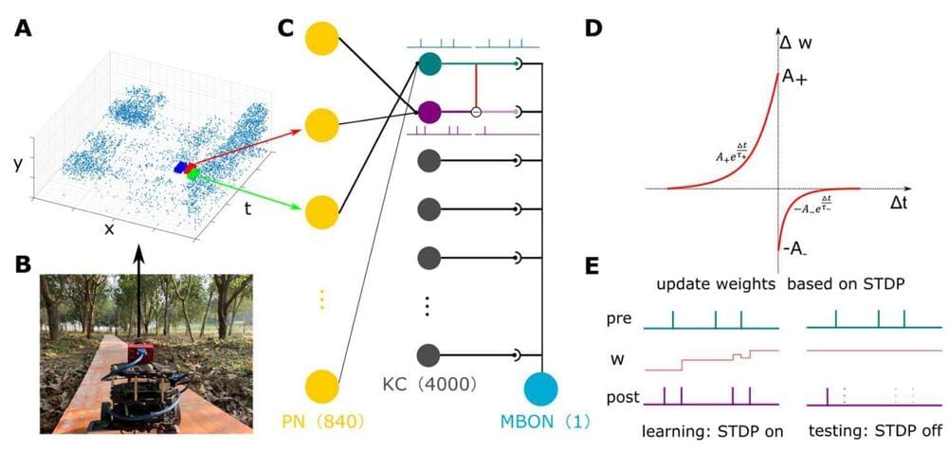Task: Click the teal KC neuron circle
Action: pyautogui.click(x=428, y=63)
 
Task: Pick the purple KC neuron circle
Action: pyautogui.click(x=428, y=113)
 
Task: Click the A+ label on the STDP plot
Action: pyautogui.click(x=793, y=80)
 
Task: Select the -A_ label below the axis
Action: pyautogui.click(x=794, y=249)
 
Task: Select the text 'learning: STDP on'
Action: pyautogui.click(x=713, y=432)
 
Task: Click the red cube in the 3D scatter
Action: pyautogui.click(x=190, y=168)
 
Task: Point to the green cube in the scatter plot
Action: pyautogui.click(x=194, y=175)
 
